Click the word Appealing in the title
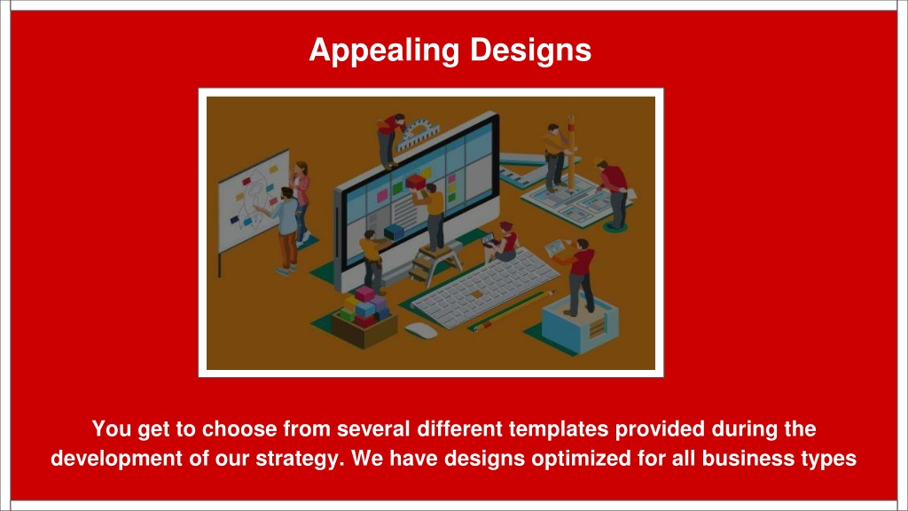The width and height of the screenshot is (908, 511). (x=385, y=51)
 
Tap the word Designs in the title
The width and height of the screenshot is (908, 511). (x=530, y=50)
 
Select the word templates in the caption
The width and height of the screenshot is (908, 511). (x=559, y=429)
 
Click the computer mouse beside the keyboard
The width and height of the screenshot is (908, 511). (x=421, y=331)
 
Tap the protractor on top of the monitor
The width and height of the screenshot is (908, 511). (x=418, y=134)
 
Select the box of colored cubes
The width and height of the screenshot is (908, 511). (x=364, y=317)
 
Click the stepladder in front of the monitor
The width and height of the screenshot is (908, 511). (x=434, y=263)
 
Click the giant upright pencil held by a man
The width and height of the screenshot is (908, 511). (x=571, y=153)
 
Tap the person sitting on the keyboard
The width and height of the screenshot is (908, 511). (x=504, y=242)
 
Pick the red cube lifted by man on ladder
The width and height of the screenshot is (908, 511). (x=416, y=183)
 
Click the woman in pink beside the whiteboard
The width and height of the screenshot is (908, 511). (x=301, y=203)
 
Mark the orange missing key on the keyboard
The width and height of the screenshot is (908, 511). (x=477, y=295)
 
